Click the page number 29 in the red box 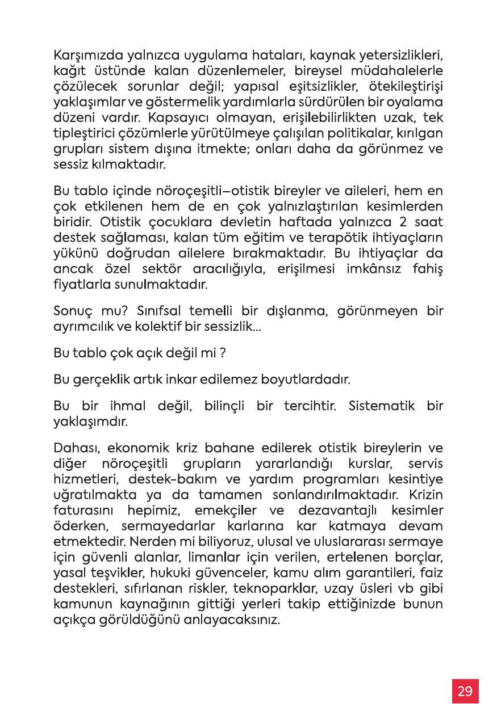465,691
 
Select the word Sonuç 72,311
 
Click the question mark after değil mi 224,353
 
